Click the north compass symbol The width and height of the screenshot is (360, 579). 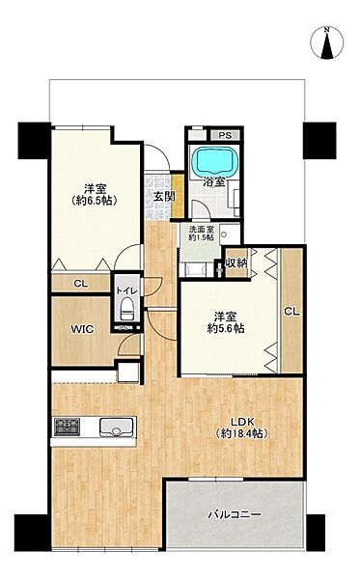pyautogui.click(x=327, y=42)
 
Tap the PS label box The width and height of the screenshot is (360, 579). pyautogui.click(x=225, y=135)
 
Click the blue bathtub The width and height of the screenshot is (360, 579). pyautogui.click(x=216, y=160)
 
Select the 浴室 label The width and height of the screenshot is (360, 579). pyautogui.click(x=214, y=181)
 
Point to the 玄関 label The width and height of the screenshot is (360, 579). pyautogui.click(x=163, y=197)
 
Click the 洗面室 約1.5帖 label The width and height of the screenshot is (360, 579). pyautogui.click(x=201, y=234)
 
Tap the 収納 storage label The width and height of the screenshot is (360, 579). pyautogui.click(x=236, y=262)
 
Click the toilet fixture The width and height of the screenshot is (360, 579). pyautogui.click(x=127, y=308)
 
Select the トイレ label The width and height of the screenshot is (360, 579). pyautogui.click(x=126, y=291)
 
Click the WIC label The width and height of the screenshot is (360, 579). pyautogui.click(x=82, y=329)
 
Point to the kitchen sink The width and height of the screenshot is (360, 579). pyautogui.click(x=116, y=427)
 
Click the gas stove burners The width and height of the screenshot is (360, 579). pyautogui.click(x=67, y=427)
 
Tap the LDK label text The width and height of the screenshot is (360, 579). pyautogui.click(x=242, y=422)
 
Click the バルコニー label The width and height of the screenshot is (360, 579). pyautogui.click(x=235, y=514)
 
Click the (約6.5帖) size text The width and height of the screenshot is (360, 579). pyautogui.click(x=95, y=201)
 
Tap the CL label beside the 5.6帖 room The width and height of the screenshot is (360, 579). pyautogui.click(x=291, y=312)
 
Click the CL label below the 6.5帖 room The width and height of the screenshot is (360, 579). pyautogui.click(x=81, y=284)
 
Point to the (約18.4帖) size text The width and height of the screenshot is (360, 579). pyautogui.click(x=241, y=433)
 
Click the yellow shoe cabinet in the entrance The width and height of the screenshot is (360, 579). pyautogui.click(x=178, y=196)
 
